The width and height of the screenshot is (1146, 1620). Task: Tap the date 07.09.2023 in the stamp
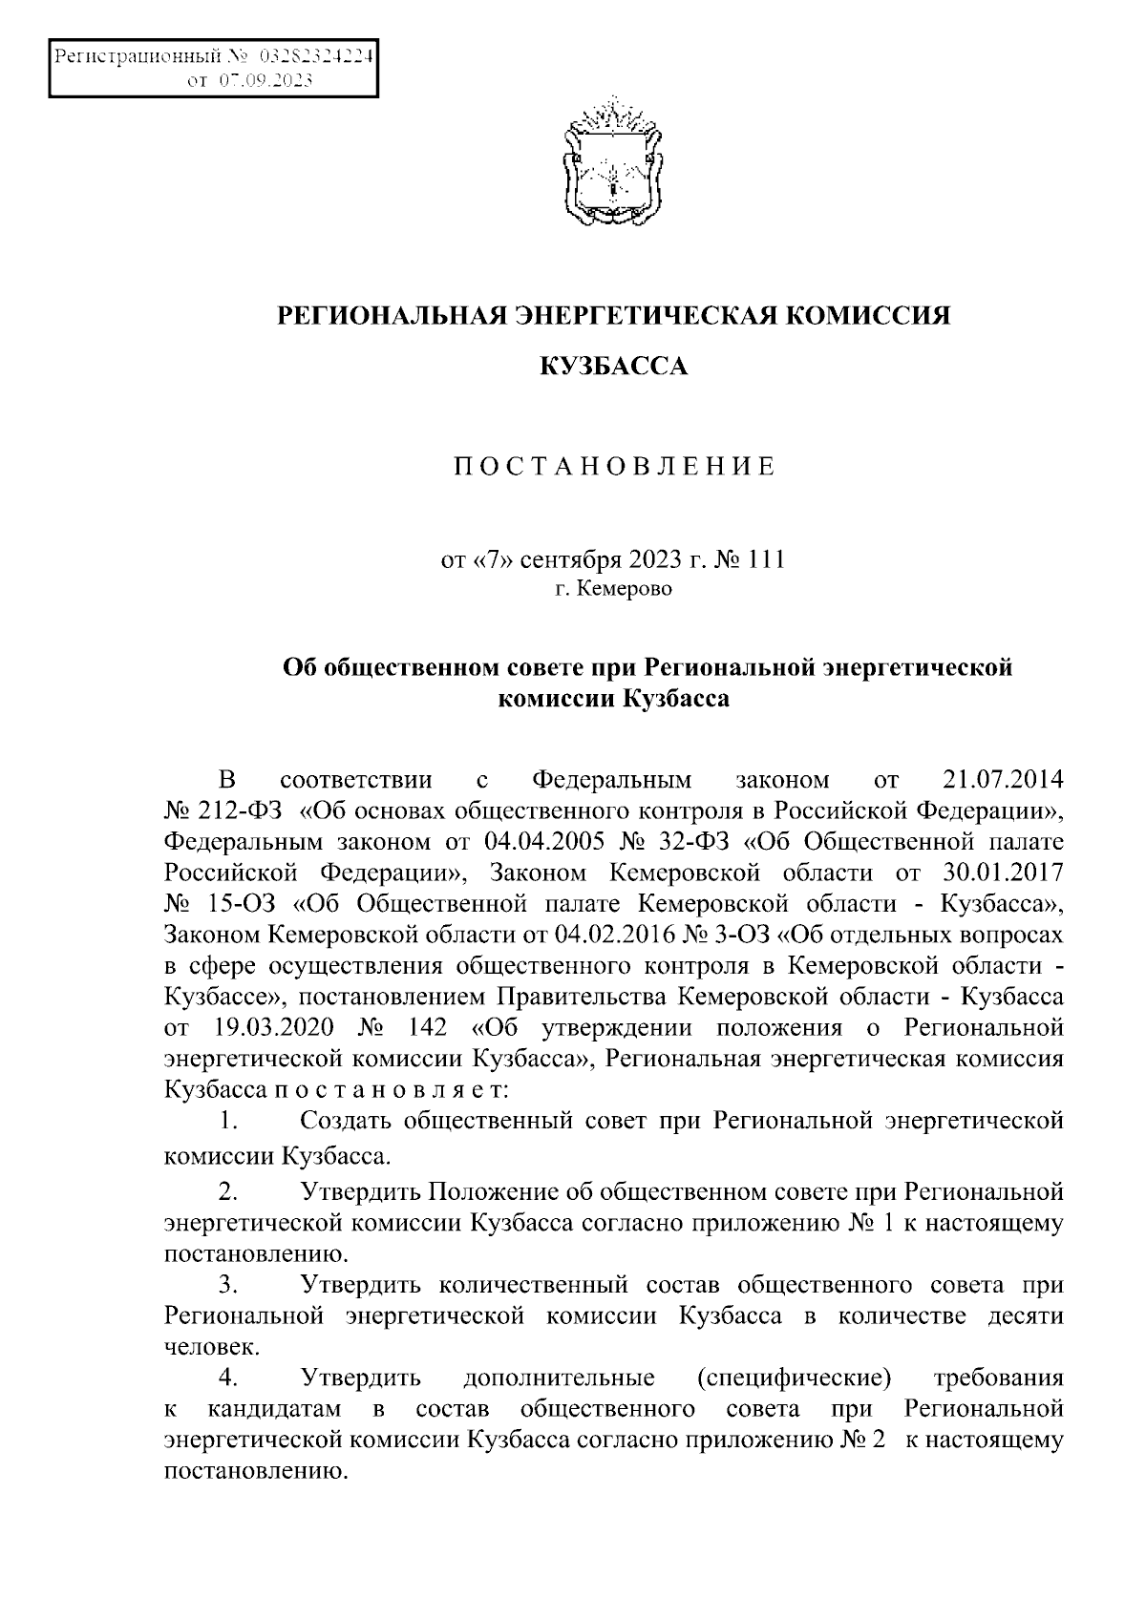click(x=265, y=81)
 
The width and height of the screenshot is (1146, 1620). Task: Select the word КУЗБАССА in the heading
click(x=613, y=366)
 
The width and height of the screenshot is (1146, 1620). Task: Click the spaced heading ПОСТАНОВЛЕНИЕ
click(x=613, y=467)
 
